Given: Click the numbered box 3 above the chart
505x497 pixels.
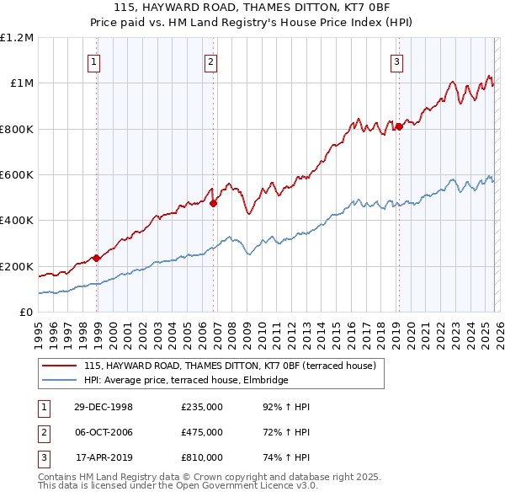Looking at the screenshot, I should (396, 61).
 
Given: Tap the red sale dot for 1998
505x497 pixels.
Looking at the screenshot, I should (97, 258).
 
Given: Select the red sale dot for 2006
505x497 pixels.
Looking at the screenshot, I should (213, 203).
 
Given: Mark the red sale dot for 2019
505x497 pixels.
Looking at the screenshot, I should (399, 126).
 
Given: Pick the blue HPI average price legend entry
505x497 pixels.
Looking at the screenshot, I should (186, 380).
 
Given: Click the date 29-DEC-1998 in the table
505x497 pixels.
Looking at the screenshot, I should (104, 407).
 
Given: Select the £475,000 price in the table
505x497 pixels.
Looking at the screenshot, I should (202, 432).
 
